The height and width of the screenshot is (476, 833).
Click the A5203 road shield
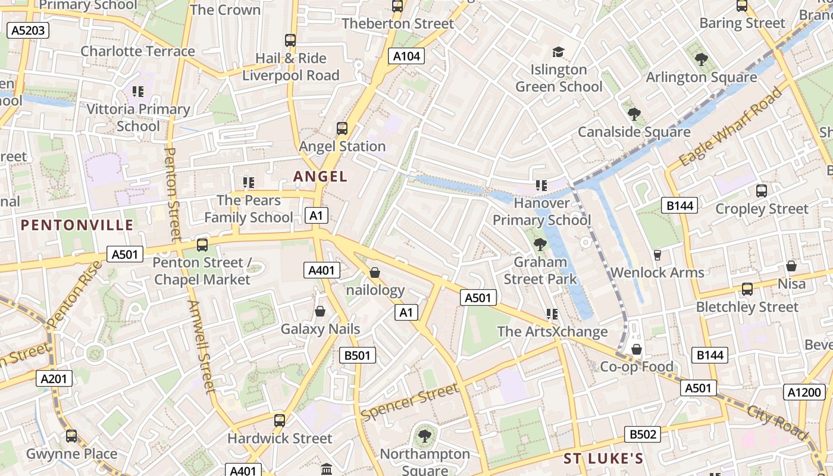(x=28, y=30)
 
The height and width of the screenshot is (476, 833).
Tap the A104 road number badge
(x=407, y=57)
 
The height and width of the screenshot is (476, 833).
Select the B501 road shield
(x=358, y=356)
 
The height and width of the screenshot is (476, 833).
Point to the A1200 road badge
(x=806, y=392)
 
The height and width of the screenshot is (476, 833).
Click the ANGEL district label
(x=320, y=177)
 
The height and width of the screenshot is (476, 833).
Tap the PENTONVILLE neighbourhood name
(x=77, y=225)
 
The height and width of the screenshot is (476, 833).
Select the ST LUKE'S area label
(x=603, y=458)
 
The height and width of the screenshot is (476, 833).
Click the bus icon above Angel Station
(x=342, y=129)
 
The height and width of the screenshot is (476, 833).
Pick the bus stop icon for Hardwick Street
(x=280, y=421)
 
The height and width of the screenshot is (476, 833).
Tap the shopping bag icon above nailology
(x=375, y=273)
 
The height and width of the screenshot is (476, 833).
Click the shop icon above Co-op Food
(x=637, y=349)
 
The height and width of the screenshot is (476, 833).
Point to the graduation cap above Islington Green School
(x=558, y=52)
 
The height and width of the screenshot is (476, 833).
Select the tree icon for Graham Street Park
(x=540, y=244)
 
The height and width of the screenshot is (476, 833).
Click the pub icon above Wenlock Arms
(x=657, y=255)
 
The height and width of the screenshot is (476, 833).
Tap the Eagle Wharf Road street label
(x=730, y=127)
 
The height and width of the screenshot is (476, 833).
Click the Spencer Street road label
(x=410, y=402)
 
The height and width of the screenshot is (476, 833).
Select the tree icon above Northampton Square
(x=425, y=436)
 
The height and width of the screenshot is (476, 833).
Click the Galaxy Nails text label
(x=320, y=329)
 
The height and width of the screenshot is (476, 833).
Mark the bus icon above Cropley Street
(x=762, y=191)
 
